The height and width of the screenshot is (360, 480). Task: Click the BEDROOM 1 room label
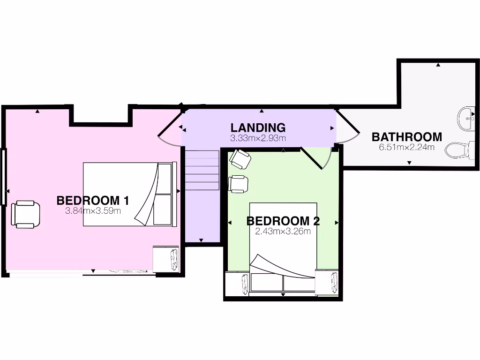click(x=92, y=200)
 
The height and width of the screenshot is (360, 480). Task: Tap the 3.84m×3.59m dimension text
click(x=93, y=211)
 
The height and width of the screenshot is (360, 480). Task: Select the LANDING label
click(x=258, y=127)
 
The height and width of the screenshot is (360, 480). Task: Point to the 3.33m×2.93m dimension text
click(x=258, y=138)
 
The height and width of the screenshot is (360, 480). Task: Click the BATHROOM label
click(x=406, y=137)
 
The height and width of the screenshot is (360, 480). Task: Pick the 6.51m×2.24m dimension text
click(x=406, y=147)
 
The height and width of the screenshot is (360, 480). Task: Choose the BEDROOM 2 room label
click(x=283, y=220)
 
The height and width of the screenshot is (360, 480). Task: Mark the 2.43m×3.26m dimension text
click(x=283, y=231)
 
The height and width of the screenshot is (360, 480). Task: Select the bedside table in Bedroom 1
click(x=166, y=259)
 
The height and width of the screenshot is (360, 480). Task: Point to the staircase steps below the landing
click(x=202, y=169)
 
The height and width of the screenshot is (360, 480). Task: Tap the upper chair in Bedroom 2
click(x=240, y=159)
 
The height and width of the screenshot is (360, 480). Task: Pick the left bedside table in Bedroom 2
click(x=237, y=284)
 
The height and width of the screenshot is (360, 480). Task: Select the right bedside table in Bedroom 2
click(x=327, y=282)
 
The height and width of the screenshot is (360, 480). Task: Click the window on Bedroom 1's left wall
click(x=3, y=177)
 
